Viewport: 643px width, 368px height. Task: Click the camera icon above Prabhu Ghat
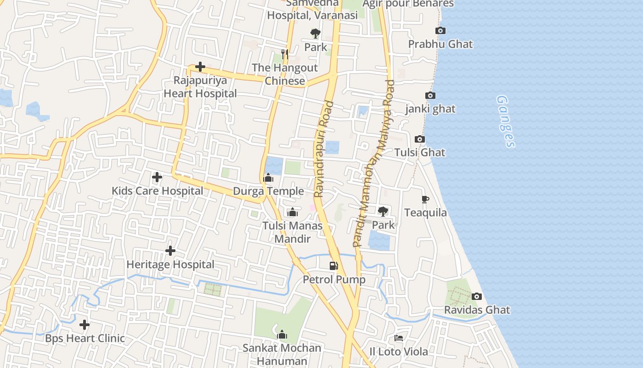[440, 31]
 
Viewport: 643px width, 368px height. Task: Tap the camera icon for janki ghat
[430, 96]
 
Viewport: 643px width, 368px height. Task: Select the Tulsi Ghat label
[420, 153]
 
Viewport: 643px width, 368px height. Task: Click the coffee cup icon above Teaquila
[425, 199]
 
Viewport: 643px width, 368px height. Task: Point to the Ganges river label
[506, 121]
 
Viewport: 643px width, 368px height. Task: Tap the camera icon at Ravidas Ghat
[477, 297]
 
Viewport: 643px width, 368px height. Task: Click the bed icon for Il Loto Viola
[399, 338]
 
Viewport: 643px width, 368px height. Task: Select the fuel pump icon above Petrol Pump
[334, 265]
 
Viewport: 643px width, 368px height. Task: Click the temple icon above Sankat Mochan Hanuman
[282, 334]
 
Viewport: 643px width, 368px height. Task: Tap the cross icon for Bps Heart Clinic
[85, 325]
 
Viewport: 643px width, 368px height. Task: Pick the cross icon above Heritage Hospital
[170, 251]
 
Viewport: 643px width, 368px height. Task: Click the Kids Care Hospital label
[157, 191]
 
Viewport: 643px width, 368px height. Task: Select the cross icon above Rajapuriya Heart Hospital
[200, 67]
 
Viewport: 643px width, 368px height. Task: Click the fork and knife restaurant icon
[285, 54]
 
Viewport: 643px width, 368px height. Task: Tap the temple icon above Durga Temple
[268, 178]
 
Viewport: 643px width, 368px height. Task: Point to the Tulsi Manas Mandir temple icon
[292, 212]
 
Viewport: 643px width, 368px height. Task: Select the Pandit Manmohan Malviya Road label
[374, 163]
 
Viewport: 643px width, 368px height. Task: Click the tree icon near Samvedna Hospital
[316, 34]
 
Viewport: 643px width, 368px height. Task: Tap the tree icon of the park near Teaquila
[383, 212]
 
